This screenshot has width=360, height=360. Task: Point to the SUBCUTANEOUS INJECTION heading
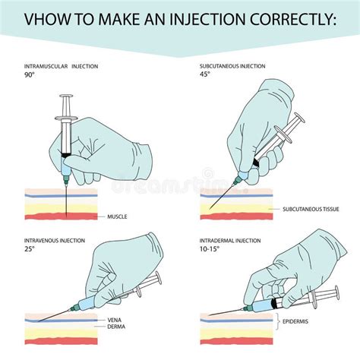(x=232, y=68)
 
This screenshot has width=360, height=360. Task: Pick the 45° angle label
(x=205, y=77)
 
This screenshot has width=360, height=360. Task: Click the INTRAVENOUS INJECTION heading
(x=54, y=241)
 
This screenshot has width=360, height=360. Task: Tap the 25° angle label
(x=30, y=250)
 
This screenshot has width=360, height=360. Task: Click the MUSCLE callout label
(x=118, y=216)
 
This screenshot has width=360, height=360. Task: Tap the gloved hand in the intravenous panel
(x=129, y=273)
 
